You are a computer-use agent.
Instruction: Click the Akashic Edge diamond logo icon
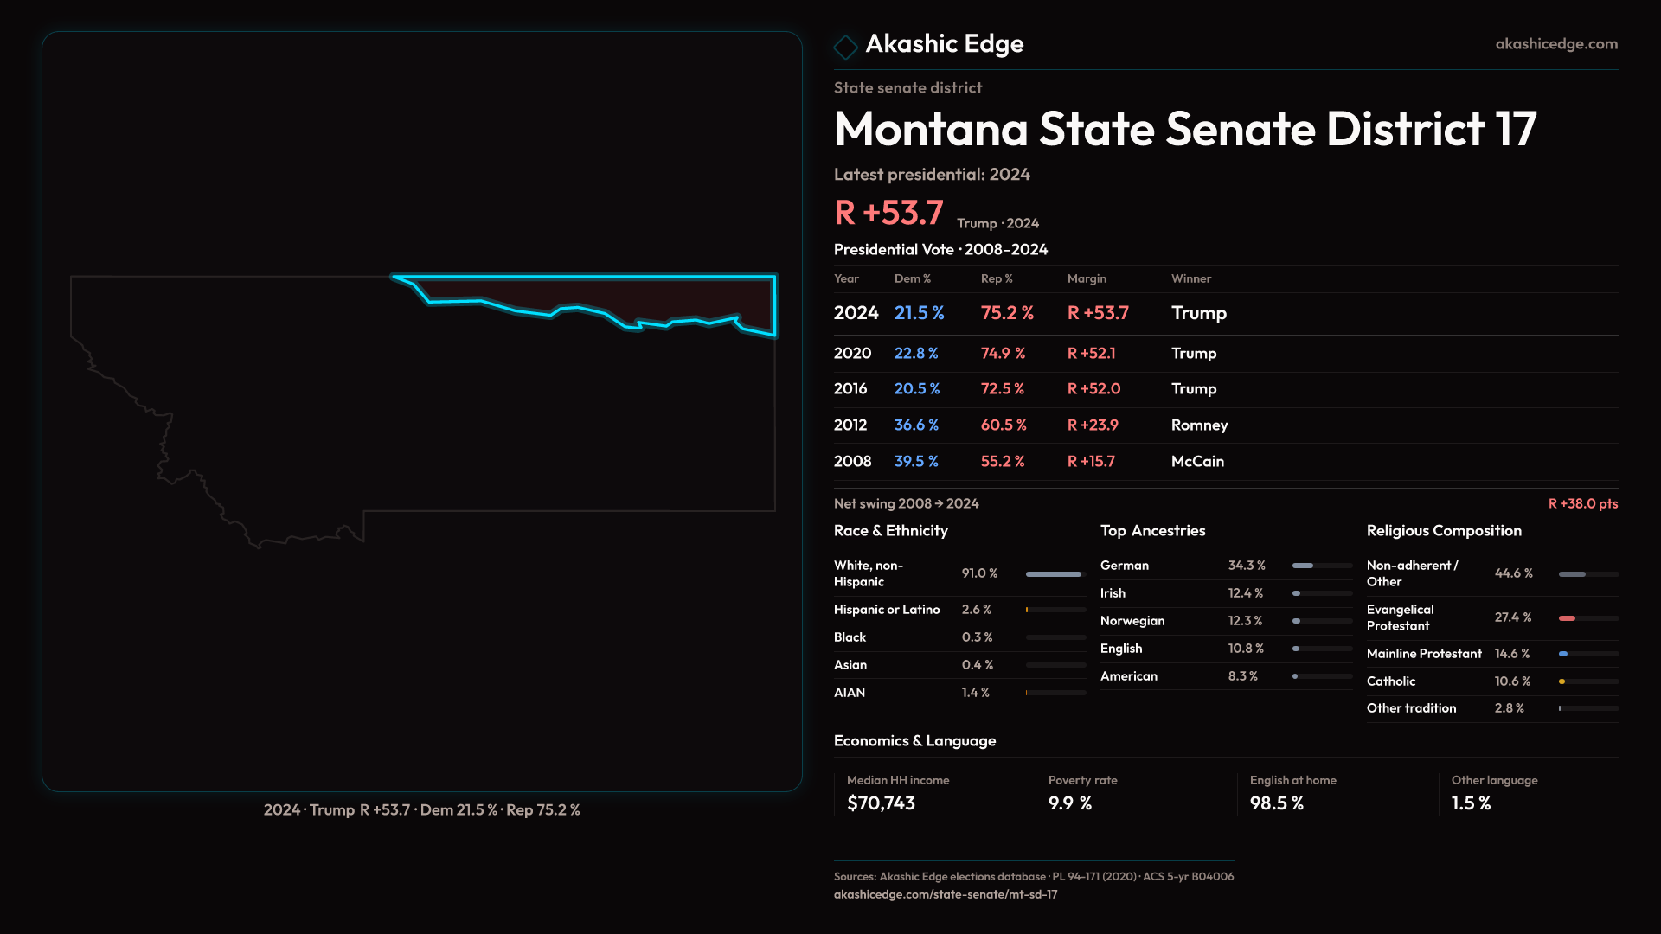coord(845,46)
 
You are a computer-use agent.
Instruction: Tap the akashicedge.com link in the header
coord(1556,43)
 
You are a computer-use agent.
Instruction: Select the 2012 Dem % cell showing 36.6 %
coord(916,425)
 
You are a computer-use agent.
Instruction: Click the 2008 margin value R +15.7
coord(1091,461)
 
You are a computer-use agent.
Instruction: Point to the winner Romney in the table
coord(1199,425)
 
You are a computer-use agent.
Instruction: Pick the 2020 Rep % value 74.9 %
coord(1003,353)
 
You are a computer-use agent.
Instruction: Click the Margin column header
coord(1087,278)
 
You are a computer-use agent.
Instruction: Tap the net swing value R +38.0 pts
coord(1582,503)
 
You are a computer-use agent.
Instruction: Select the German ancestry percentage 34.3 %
coord(1247,565)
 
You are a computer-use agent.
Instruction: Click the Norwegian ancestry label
coord(1132,620)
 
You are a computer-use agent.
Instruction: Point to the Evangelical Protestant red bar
coord(1567,618)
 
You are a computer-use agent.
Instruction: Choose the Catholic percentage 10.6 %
coord(1512,681)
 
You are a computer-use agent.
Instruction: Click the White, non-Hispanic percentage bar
coord(1053,573)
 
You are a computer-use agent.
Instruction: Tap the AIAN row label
coord(850,692)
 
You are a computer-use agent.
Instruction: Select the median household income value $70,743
coord(881,803)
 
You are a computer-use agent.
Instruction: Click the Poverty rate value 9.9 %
coord(1070,803)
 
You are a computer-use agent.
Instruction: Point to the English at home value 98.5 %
coord(1276,803)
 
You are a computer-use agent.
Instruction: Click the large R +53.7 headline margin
coord(888,213)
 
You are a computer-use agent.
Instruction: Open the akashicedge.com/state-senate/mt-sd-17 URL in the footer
coord(946,894)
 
